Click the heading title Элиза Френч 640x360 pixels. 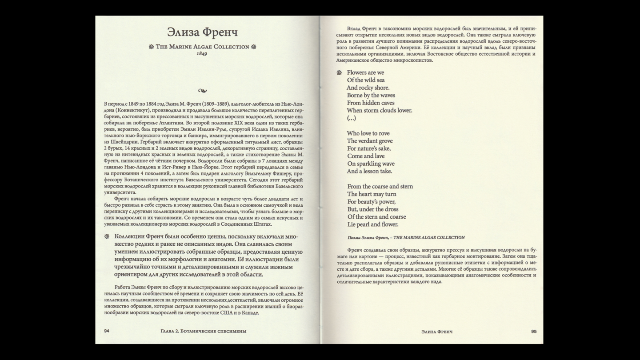click(x=202, y=32)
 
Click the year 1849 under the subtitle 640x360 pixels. click(x=202, y=54)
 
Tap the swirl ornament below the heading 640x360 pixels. click(x=202, y=91)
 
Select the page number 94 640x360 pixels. click(x=107, y=331)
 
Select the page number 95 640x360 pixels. click(x=534, y=332)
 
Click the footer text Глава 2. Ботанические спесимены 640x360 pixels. click(x=204, y=331)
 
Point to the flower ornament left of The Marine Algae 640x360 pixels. click(x=151, y=47)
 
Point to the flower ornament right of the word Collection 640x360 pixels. click(x=254, y=47)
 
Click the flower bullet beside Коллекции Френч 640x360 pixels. click(x=107, y=236)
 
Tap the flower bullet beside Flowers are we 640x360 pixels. click(x=339, y=72)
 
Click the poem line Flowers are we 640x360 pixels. click(x=365, y=72)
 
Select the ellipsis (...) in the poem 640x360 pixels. click(x=351, y=118)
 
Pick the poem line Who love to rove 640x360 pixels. click(x=368, y=133)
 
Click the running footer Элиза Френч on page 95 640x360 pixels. click(x=437, y=332)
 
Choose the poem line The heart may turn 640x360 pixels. click(x=372, y=194)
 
